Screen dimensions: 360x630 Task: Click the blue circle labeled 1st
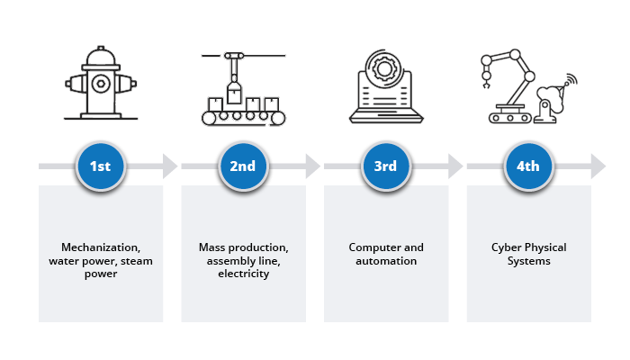tap(100, 166)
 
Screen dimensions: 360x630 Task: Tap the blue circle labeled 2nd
tap(243, 166)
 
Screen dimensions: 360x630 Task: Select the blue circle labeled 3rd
tap(385, 166)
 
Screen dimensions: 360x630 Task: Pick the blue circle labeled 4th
tap(528, 166)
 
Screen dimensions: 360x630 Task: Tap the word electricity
tap(243, 274)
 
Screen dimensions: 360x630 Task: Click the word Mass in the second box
tap(211, 247)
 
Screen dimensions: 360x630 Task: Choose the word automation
tap(385, 261)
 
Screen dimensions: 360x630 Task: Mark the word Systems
tap(528, 261)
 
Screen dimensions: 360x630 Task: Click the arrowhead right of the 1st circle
tap(169, 166)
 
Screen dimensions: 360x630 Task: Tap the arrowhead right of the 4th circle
tap(598, 166)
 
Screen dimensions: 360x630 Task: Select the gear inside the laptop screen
tap(385, 72)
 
